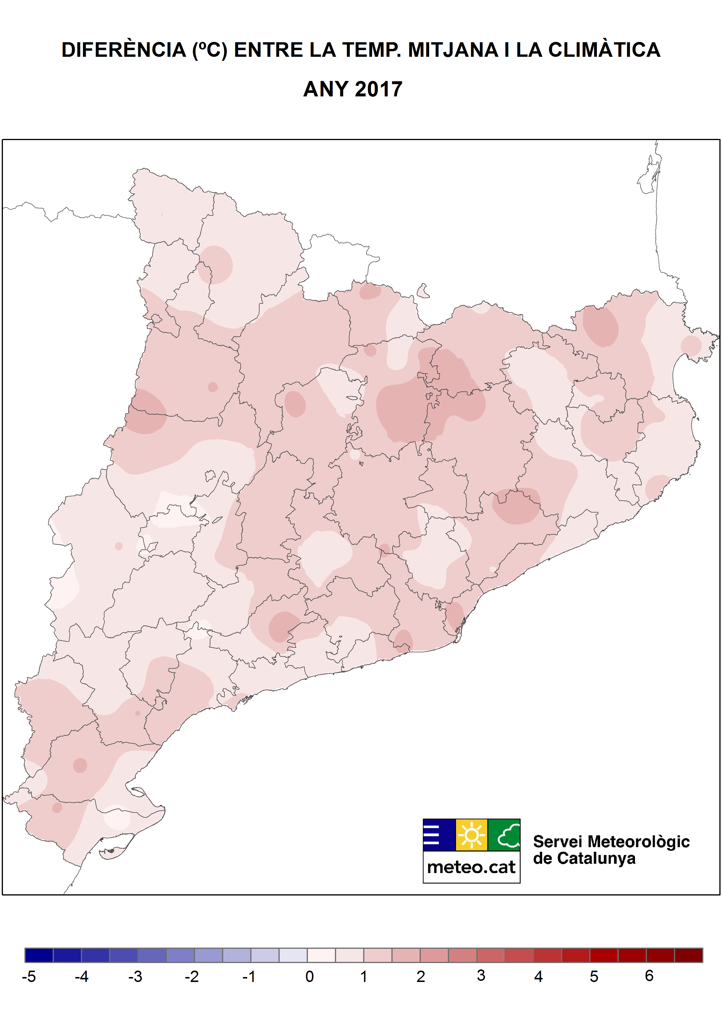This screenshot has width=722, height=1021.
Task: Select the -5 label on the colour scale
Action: [29, 976]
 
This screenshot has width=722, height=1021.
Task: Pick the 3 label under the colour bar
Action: [481, 976]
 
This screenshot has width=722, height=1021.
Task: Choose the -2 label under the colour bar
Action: [191, 976]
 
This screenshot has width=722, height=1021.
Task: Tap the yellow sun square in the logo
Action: [472, 835]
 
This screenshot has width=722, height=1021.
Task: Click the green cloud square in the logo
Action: [504, 835]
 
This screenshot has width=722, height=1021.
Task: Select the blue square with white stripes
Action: [439, 835]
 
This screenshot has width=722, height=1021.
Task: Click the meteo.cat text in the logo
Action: [471, 867]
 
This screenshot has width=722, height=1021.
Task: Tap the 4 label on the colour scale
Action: [538, 976]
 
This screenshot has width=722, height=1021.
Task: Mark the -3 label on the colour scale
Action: [135, 976]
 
